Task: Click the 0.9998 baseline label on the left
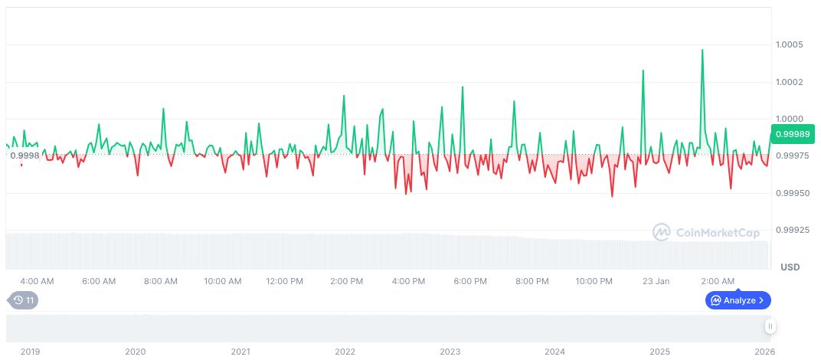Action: click(24, 155)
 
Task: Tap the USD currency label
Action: click(790, 267)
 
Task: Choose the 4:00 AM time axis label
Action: click(37, 281)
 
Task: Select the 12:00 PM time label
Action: click(284, 281)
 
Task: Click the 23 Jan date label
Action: click(656, 281)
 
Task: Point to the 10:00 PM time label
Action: click(594, 281)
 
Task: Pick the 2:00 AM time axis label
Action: click(718, 281)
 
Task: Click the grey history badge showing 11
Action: click(22, 300)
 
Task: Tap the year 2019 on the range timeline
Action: click(30, 352)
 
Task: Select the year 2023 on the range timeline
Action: click(450, 352)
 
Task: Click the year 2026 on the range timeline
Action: click(764, 352)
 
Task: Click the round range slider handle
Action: click(770, 326)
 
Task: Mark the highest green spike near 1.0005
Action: click(702, 51)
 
